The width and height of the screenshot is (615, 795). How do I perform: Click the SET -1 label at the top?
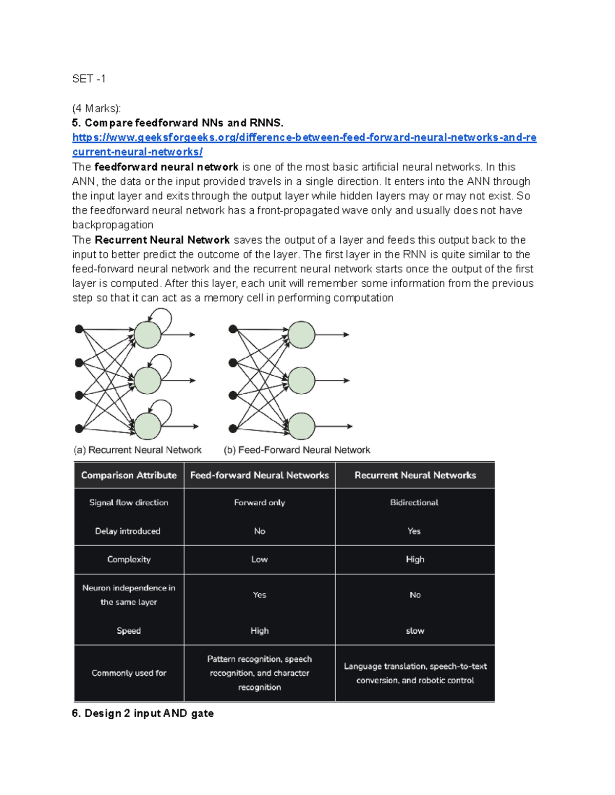click(x=89, y=79)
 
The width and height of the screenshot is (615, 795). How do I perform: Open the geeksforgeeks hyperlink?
click(x=304, y=138)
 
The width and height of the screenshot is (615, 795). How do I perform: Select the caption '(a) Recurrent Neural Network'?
click(x=137, y=450)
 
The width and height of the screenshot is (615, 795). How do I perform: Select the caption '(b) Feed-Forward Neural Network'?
click(x=297, y=450)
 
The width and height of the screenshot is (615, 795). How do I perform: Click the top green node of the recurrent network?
click(x=148, y=335)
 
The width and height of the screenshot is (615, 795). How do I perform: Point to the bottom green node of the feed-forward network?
click(x=301, y=426)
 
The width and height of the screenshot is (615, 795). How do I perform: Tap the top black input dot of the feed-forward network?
click(x=233, y=329)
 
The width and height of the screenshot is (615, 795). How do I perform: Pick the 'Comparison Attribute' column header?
click(x=129, y=475)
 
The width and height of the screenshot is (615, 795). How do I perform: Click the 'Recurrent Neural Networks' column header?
click(x=415, y=475)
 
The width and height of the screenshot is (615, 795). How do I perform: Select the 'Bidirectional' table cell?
click(x=414, y=503)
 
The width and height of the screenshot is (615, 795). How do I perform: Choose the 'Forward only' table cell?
click(x=259, y=503)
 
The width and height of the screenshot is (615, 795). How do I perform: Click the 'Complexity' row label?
click(x=129, y=560)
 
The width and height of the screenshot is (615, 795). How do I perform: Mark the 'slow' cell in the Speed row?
click(x=415, y=631)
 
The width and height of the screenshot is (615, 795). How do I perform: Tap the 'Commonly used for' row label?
click(x=129, y=673)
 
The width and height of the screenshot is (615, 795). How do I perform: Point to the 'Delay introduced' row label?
click(x=128, y=531)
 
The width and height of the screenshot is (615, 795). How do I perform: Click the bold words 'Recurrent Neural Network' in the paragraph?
click(x=162, y=240)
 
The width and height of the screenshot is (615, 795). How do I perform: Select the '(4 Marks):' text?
click(x=96, y=109)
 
